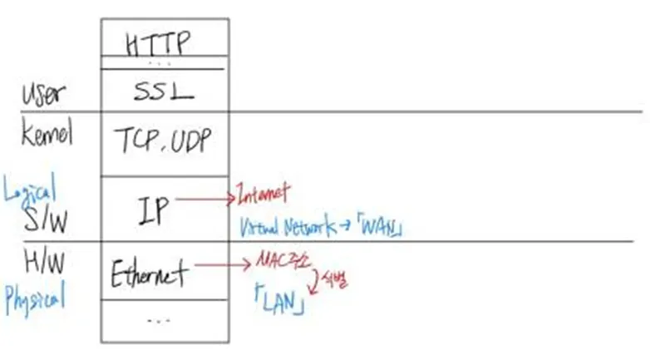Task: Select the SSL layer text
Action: click(x=164, y=91)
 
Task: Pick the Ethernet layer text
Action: click(x=150, y=272)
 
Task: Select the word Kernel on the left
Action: click(x=47, y=132)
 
